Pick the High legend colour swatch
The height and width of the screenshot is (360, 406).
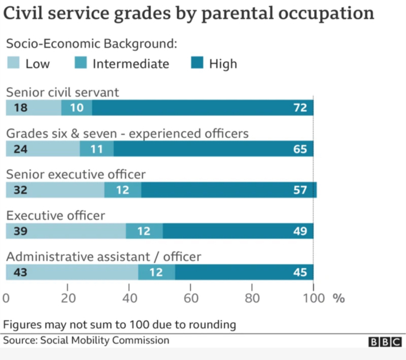click(x=196, y=64)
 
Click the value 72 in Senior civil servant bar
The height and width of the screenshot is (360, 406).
click(x=300, y=108)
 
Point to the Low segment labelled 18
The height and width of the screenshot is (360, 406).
click(x=33, y=108)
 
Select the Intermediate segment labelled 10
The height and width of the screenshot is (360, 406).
click(x=76, y=108)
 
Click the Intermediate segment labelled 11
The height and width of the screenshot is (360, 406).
click(x=97, y=149)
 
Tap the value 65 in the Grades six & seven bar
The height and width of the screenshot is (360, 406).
click(x=300, y=149)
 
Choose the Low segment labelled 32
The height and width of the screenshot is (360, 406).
click(x=55, y=190)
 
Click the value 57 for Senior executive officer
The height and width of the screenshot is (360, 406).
click(x=300, y=190)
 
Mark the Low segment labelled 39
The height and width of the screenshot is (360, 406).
click(x=65, y=231)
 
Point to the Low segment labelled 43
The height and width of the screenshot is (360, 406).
click(x=71, y=272)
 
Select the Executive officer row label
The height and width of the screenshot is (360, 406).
click(x=55, y=215)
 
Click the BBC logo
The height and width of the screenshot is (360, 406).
click(x=384, y=341)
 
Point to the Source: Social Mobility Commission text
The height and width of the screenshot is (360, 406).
click(x=86, y=340)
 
